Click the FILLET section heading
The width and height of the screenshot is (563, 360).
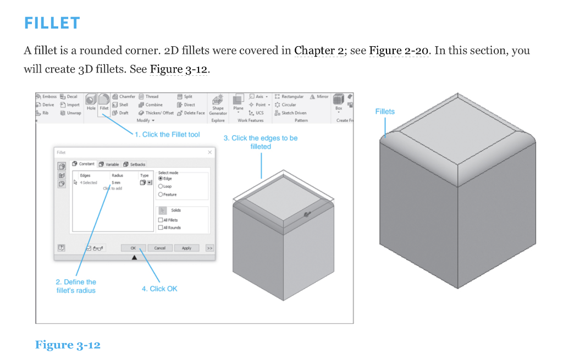(52, 23)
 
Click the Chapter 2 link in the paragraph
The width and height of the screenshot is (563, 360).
(318, 51)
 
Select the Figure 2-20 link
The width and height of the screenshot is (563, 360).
(399, 51)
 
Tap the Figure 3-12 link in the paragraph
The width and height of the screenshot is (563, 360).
(179, 70)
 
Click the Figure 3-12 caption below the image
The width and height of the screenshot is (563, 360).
(68, 345)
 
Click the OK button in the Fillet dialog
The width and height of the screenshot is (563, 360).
(133, 248)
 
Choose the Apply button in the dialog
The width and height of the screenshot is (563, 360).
(186, 248)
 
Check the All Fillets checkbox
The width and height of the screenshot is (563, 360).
(161, 220)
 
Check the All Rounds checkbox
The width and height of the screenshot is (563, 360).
(161, 228)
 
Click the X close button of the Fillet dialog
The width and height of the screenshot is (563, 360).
(209, 152)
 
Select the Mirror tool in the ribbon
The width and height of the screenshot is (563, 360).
(319, 97)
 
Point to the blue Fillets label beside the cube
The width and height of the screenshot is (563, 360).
(385, 112)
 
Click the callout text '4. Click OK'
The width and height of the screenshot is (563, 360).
(159, 289)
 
